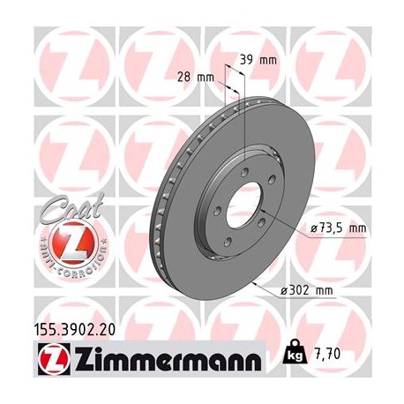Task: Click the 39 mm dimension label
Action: coord(258,60)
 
